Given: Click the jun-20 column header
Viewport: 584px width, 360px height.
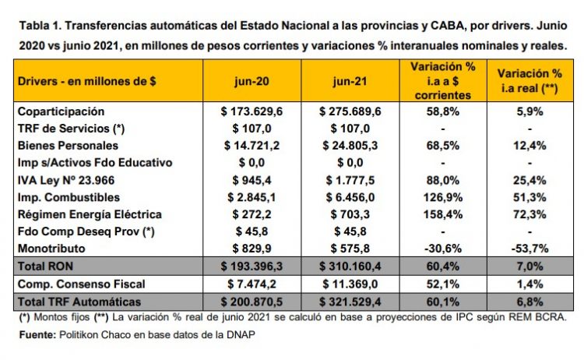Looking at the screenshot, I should pos(252,81).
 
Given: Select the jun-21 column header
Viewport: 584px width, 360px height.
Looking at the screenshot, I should pos(350,81).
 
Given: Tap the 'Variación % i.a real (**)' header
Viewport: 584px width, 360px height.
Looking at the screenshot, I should pos(529,82).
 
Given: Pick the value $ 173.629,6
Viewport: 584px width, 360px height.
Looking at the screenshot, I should pos(252,111).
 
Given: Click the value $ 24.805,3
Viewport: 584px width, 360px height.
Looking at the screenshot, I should pos(350,145).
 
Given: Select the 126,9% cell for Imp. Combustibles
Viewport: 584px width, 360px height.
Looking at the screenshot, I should pos(442,197).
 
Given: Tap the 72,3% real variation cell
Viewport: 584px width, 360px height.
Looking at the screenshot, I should pos(529,214).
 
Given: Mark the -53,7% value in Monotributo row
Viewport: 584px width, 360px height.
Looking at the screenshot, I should pos(529,248).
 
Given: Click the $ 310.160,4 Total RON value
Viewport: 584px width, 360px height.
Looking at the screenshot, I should pos(350,266).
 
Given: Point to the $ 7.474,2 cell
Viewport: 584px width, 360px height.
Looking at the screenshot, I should pos(252,284).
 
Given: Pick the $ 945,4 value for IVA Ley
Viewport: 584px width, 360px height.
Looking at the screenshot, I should pos(252,180).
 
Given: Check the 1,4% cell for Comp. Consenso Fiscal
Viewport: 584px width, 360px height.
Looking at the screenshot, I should pos(529,284).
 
